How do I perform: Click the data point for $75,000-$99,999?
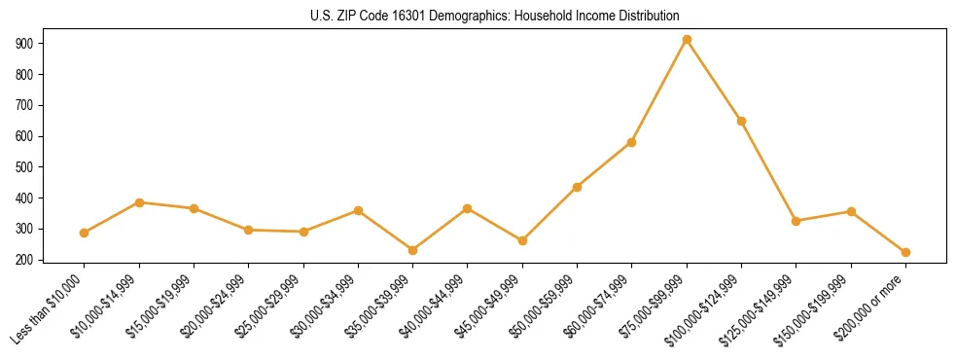pos(687,40)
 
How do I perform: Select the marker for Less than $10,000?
pos(85,233)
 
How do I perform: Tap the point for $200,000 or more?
pos(905,252)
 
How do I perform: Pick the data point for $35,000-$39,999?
pos(413,250)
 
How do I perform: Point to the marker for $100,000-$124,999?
pos(741,121)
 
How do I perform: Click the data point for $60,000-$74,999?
pos(632,142)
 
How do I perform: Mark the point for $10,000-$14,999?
pos(139,202)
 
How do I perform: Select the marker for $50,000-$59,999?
pos(577,187)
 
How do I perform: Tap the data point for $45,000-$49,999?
pos(522,240)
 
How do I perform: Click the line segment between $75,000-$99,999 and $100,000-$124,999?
pos(714,81)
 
